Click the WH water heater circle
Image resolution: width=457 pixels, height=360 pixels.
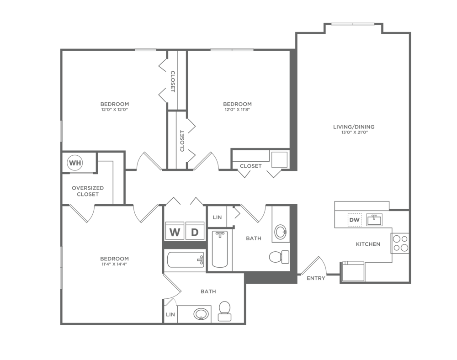pos(75,163)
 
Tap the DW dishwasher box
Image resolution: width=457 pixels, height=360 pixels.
pos(355,220)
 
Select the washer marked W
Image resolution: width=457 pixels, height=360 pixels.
pos(175,231)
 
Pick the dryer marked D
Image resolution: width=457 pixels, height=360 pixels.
pos(195,231)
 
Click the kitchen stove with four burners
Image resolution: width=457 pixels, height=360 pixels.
pos(400,243)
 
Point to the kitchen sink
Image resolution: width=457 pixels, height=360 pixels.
pos(375,220)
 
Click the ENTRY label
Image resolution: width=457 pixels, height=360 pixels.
pos(316,278)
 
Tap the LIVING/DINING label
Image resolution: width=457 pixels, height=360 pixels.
pos(354,127)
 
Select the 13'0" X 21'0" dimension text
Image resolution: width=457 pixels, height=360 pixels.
pos(354,132)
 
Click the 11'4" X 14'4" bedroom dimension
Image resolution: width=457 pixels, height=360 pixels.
pos(115,264)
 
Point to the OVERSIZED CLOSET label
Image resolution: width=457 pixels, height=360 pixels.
pos(88,191)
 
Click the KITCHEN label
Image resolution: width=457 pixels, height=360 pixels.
pos(368,244)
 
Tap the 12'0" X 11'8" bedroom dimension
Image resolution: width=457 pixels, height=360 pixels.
pos(237,110)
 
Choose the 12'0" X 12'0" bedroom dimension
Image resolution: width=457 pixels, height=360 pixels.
pos(115,110)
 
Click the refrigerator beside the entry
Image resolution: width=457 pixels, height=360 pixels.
pos(353,271)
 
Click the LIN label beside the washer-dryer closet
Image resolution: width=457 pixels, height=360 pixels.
pos(217,217)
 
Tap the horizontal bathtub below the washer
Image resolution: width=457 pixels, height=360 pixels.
pos(186,260)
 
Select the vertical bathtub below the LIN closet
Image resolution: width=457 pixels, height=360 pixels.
pos(220,249)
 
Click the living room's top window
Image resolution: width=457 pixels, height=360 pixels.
pos(353,24)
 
